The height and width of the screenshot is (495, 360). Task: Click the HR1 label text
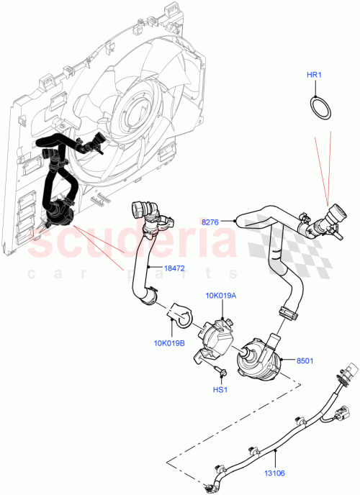point(315,75)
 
